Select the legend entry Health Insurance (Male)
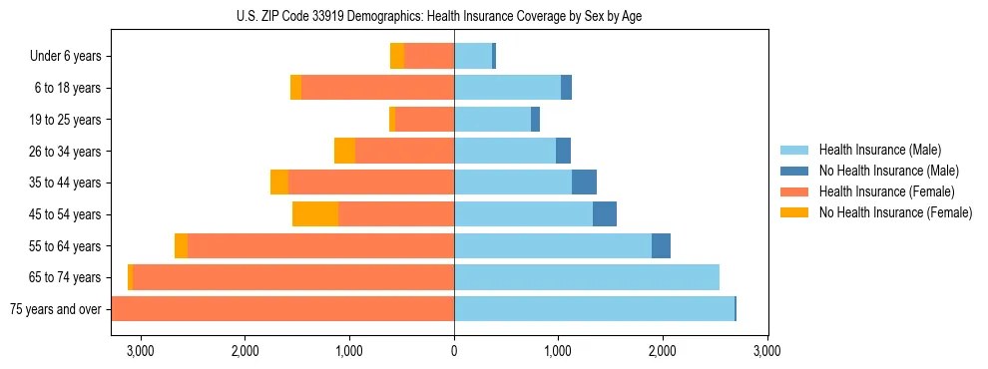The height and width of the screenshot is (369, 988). click(x=879, y=150)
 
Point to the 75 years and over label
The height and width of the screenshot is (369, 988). click(x=56, y=309)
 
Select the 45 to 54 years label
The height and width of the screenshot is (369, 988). click(x=63, y=214)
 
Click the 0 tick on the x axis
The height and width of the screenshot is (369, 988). click(x=454, y=350)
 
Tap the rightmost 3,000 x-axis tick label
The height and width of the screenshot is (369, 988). click(x=766, y=350)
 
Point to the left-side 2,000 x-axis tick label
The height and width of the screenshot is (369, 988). click(x=246, y=350)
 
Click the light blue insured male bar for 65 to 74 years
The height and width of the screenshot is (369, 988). click(x=586, y=277)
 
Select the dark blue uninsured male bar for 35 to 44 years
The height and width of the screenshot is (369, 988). click(x=584, y=183)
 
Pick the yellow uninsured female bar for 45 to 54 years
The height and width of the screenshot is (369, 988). click(x=315, y=214)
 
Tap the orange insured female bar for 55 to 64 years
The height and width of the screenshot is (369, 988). click(x=320, y=246)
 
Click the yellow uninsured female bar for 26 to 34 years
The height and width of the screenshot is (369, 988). click(x=344, y=152)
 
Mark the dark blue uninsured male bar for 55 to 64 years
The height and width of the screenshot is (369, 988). click(x=661, y=246)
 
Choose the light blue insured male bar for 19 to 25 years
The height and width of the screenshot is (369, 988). click(x=492, y=120)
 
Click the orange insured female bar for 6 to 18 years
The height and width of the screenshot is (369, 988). click(x=377, y=88)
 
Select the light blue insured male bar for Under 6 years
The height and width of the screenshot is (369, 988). click(x=473, y=57)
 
